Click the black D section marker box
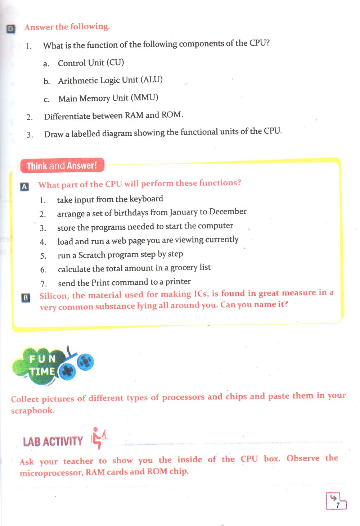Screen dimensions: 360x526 (10, 29)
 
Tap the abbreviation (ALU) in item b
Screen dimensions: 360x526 (152, 80)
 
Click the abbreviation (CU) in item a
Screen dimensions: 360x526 (115, 63)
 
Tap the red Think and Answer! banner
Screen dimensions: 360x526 (62, 165)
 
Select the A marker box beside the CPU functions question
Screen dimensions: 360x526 (24, 187)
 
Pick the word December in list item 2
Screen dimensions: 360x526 (228, 211)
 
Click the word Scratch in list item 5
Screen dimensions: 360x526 (92, 255)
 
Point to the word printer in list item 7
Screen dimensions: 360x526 (178, 281)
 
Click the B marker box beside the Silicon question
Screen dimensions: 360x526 (26, 298)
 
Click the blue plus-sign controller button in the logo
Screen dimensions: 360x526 (68, 372)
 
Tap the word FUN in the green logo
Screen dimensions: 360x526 (42, 359)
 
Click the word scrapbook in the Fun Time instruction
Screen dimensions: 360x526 (33, 410)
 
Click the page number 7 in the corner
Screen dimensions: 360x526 (337, 505)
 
